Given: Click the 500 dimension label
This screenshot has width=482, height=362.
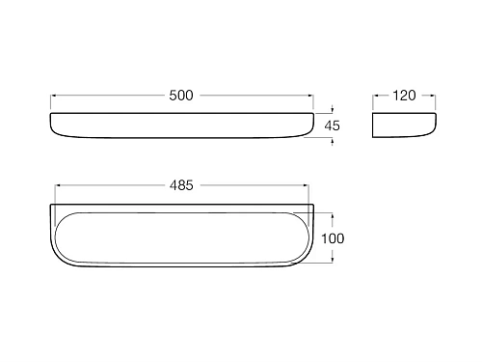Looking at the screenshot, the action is (x=181, y=96).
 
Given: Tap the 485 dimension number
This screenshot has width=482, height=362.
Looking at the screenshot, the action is (x=181, y=185).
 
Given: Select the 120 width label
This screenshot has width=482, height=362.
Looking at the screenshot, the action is (x=404, y=96).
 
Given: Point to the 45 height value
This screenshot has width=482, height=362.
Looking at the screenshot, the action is (x=333, y=125).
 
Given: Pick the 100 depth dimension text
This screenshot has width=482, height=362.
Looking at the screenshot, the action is (x=333, y=238).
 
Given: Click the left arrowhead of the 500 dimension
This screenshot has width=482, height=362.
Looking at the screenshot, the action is (x=53, y=96).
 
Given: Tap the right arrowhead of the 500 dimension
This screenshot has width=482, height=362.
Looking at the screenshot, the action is (x=310, y=96).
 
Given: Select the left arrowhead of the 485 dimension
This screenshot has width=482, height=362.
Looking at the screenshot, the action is (x=59, y=185).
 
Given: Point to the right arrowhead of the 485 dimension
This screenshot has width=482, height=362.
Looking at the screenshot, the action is (x=306, y=185).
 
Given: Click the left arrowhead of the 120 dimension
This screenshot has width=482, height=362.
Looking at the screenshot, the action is (x=376, y=96).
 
